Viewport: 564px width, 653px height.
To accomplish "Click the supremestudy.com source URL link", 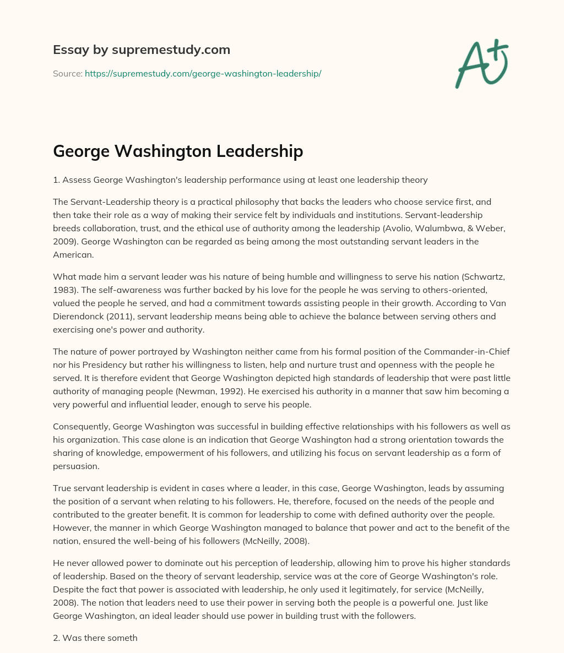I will [203, 73].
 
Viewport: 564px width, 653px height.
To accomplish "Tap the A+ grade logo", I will [481, 63].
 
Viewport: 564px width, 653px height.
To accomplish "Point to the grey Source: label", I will [67, 73].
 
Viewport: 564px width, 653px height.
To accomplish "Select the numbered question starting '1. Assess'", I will [240, 179].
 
